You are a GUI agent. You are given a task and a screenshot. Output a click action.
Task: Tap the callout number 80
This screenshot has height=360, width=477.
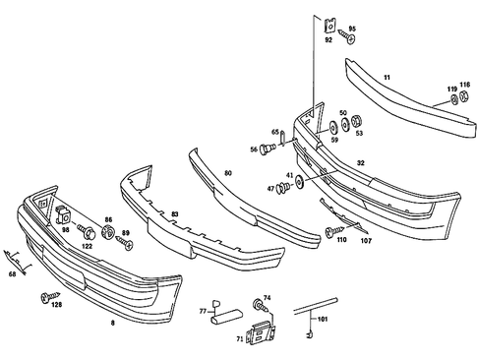(228, 174)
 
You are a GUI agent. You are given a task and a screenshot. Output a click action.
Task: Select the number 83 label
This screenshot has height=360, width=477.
(175, 213)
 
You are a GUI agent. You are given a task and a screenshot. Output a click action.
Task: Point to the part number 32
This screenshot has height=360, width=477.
(362, 163)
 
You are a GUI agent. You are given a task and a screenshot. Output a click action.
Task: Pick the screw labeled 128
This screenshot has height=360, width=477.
(46, 295)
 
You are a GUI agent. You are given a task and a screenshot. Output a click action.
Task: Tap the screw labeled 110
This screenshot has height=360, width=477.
(328, 230)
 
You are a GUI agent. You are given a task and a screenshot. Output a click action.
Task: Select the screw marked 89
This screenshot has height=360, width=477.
(123, 239)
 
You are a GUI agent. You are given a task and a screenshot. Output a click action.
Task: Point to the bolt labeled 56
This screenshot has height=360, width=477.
(266, 150)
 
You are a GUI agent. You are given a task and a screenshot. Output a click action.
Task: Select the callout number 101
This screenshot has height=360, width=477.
(321, 319)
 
